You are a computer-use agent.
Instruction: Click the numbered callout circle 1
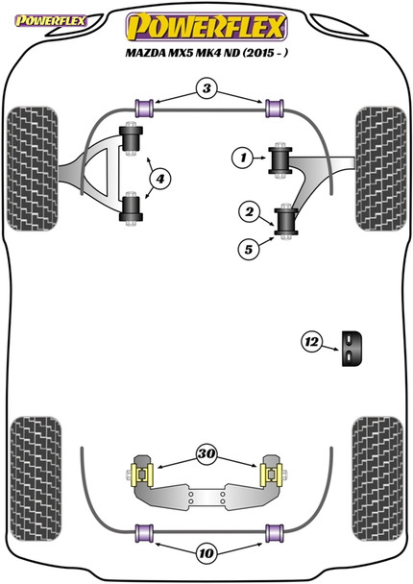(245, 157)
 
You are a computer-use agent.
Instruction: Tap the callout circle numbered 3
(206, 89)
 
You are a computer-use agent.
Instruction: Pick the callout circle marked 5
(250, 251)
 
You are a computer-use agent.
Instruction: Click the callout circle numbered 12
(312, 341)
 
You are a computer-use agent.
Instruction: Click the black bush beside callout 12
(353, 348)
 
